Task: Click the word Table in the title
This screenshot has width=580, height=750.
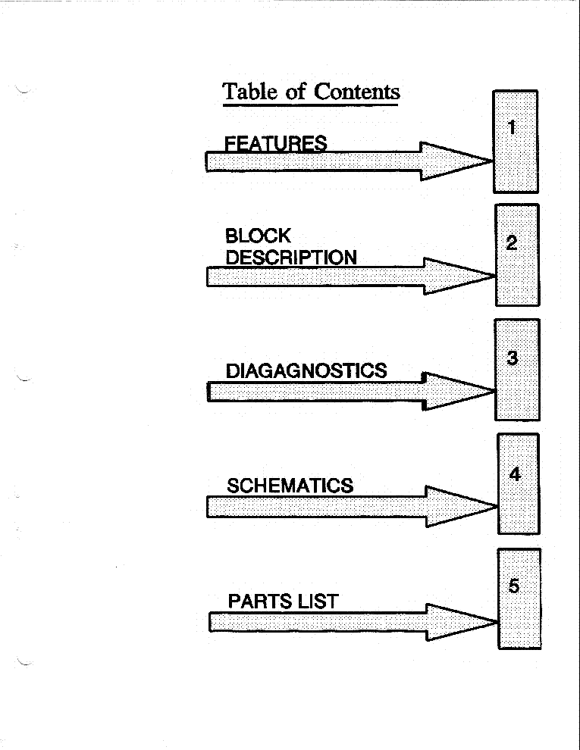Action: tap(249, 91)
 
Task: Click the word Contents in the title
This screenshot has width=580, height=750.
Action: tap(356, 92)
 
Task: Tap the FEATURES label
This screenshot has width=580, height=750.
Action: tap(276, 143)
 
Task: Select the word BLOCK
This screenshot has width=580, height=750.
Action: tap(258, 236)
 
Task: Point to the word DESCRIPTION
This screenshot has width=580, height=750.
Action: tap(291, 258)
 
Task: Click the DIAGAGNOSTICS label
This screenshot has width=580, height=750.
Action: tap(306, 370)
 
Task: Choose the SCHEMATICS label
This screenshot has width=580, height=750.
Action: tap(290, 486)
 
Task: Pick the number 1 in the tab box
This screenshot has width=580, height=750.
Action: tap(512, 127)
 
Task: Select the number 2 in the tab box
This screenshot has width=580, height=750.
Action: tap(512, 243)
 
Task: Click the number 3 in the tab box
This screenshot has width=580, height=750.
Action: tap(512, 358)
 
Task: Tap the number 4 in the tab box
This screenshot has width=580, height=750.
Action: tap(515, 473)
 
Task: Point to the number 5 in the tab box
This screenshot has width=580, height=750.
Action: tap(514, 586)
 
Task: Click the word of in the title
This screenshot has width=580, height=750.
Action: tap(296, 91)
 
